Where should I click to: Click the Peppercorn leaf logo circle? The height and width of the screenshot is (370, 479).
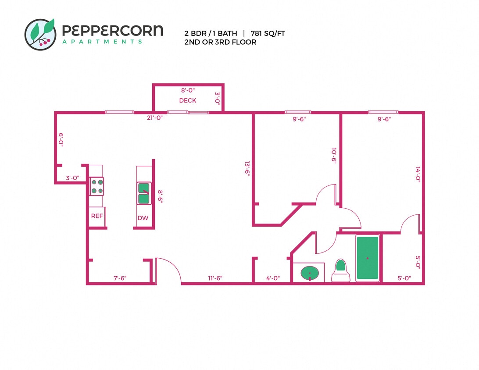40,34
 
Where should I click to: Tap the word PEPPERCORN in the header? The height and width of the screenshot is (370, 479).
112,31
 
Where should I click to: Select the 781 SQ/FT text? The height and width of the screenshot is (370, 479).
268,33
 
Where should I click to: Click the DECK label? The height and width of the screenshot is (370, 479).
188,100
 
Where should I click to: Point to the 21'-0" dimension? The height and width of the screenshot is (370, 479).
154,117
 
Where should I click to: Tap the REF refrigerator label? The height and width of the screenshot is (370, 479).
97,216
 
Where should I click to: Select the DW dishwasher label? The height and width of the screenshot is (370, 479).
143,218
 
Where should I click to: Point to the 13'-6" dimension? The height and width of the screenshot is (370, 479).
247,168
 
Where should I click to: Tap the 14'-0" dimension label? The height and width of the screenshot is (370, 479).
418,174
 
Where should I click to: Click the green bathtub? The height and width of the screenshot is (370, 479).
367,258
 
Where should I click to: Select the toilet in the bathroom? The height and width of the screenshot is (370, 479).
340,271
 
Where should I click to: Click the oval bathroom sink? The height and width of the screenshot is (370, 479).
310,273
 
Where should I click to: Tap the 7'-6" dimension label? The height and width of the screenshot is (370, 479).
120,278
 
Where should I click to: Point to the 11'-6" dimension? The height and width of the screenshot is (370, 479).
215,278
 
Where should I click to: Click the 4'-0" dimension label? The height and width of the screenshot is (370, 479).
272,278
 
